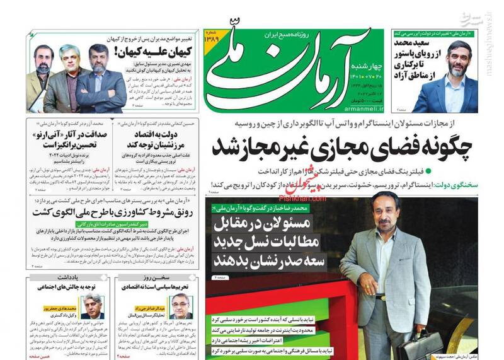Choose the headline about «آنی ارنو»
coord(60,141)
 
